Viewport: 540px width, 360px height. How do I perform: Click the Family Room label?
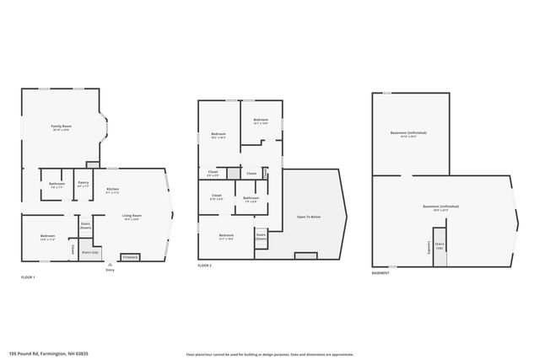pos(61,127)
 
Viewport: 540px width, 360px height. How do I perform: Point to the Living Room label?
pos(132,218)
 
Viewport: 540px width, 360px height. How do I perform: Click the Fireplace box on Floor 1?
pos(131,256)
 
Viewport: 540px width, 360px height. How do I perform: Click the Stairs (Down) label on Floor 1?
pos(85,226)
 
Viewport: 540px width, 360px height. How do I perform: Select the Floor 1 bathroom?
pos(57,185)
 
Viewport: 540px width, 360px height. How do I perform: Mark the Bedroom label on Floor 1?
pos(47,237)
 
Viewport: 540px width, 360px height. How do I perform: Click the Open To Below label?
pos(308,217)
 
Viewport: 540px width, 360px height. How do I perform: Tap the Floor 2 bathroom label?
pos(251,199)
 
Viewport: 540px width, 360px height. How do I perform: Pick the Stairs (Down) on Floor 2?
pos(261,237)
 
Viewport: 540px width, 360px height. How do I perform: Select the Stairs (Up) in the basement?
pos(440,248)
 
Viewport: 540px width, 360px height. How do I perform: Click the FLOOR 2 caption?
pos(204,266)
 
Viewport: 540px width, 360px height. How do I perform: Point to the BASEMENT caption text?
pos(381,274)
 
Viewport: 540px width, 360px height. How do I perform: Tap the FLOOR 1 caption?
pos(29,277)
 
